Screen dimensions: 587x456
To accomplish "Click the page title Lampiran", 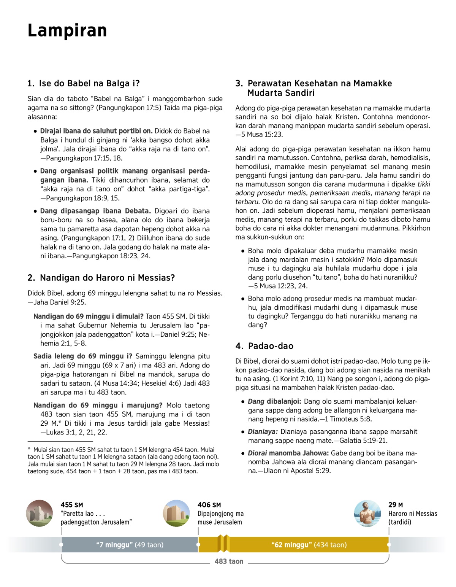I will (x=67, y=30).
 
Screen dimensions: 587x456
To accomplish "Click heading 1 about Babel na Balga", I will (x=84, y=83).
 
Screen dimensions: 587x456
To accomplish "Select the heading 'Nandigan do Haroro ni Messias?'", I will (x=101, y=278).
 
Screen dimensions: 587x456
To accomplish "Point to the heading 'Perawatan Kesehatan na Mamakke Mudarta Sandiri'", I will (x=314, y=88).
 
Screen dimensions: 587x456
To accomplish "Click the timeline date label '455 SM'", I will (x=72, y=505).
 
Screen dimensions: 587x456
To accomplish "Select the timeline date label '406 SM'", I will (x=209, y=505).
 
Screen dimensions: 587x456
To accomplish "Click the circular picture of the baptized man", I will (x=367, y=513).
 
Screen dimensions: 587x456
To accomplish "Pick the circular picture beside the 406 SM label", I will (x=176, y=513).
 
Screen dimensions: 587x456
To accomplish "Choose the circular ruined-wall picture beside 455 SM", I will (x=40, y=513).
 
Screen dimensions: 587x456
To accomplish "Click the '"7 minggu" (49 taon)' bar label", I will (x=130, y=545).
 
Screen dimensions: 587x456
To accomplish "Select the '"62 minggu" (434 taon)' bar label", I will (x=309, y=545).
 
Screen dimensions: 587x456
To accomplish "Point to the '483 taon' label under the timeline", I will (x=229, y=561).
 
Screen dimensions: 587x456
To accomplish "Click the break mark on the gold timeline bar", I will (x=223, y=544).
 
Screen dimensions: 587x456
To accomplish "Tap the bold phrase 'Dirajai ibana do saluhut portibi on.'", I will (x=96, y=131).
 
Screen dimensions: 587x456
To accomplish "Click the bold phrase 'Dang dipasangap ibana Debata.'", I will (x=95, y=211).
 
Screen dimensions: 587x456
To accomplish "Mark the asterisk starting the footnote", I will (x=29, y=449).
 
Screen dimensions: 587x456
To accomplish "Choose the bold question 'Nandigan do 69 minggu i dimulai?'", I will (x=89, y=317).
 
